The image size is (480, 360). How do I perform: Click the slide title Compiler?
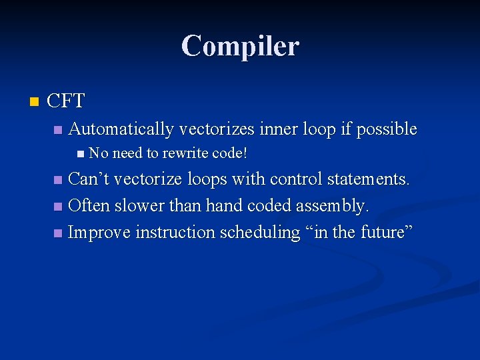(240, 46)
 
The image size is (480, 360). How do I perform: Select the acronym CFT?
(66, 101)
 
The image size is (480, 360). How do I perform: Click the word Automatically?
(121, 129)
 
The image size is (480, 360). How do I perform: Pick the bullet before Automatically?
(58, 129)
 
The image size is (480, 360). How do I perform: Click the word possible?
(387, 129)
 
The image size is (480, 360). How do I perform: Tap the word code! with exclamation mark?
(229, 153)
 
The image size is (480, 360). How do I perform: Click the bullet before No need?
(81, 154)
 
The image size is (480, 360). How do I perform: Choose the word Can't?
(89, 179)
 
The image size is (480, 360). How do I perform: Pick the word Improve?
(99, 233)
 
